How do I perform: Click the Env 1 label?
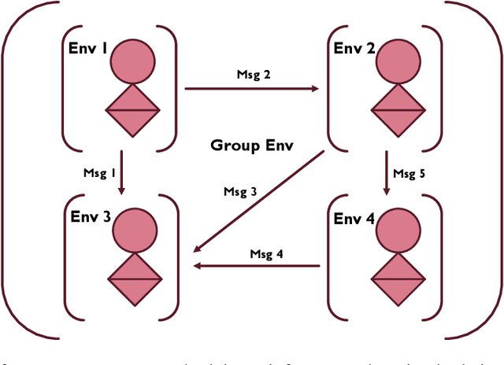coord(88,48)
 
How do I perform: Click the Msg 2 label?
coord(254,76)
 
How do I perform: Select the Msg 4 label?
coord(267,253)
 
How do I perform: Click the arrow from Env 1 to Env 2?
coord(252,89)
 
